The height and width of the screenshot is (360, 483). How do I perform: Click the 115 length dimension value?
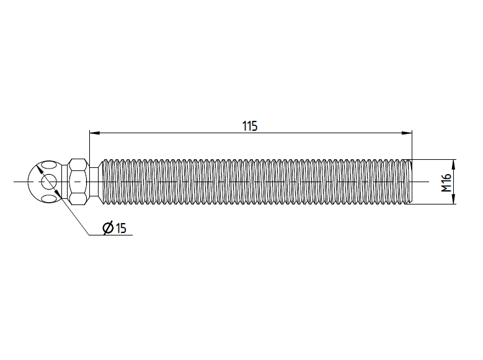coord(249,126)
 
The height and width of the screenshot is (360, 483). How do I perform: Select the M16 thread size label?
coord(446,183)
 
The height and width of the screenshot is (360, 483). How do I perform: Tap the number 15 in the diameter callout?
coord(121,228)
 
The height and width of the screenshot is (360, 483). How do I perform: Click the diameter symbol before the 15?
coord(109,228)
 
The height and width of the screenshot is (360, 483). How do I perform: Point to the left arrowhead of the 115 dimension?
coord(94,133)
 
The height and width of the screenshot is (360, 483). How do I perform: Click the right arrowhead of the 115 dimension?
coord(407,133)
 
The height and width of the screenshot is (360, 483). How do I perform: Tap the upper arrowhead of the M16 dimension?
coord(453,164)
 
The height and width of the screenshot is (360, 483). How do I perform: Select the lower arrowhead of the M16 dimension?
coord(453,200)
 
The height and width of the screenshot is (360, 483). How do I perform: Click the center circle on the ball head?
coord(48,182)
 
